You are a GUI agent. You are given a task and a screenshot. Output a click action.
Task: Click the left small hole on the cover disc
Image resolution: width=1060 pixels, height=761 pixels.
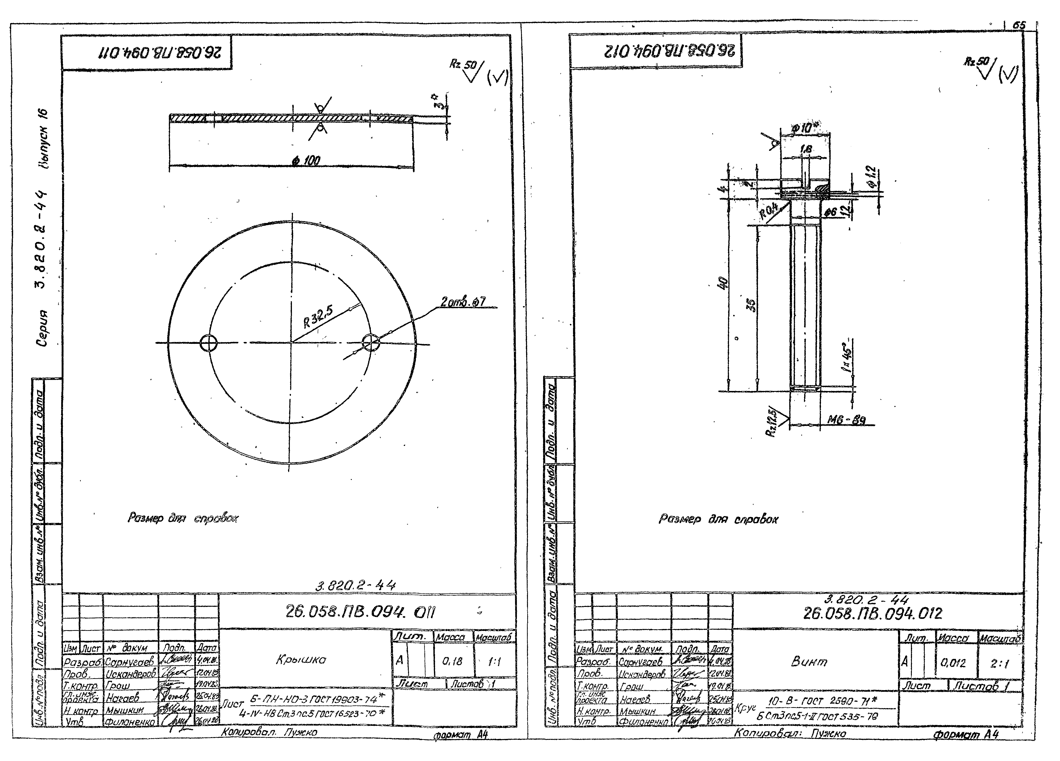pos(208,343)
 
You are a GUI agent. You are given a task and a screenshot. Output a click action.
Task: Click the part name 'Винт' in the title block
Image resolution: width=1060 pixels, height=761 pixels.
pos(809,661)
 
